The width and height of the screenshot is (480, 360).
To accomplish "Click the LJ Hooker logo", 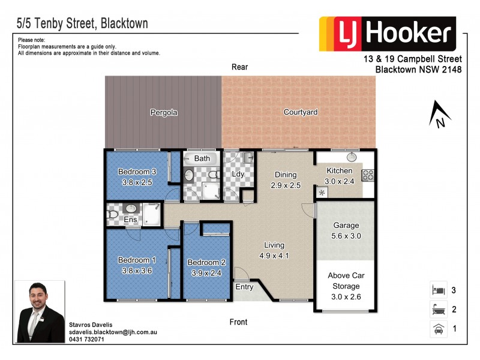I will point(387,34).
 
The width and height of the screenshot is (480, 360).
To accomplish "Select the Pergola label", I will point(163,112).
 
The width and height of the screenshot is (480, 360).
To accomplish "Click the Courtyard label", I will point(300,112).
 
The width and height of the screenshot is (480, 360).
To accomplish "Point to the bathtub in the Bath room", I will point(202,159).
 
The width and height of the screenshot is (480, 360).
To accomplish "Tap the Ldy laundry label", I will point(238,174).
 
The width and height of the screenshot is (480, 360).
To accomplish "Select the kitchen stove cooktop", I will point(367,176).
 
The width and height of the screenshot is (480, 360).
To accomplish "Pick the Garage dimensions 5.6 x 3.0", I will point(346,236).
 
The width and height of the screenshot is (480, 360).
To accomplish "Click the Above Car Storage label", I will point(346,281).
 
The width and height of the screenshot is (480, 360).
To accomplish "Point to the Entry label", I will point(245,287).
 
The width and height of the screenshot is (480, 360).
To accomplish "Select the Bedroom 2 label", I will point(206,262).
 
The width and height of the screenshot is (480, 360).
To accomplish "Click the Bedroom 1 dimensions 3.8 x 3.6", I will point(136,270).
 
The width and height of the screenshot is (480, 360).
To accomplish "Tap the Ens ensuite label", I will point(131,220).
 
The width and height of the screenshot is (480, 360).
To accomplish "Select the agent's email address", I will point(113,332).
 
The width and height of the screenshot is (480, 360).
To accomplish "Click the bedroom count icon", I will point(437,290).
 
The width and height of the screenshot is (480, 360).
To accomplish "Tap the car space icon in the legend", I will point(437,329).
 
